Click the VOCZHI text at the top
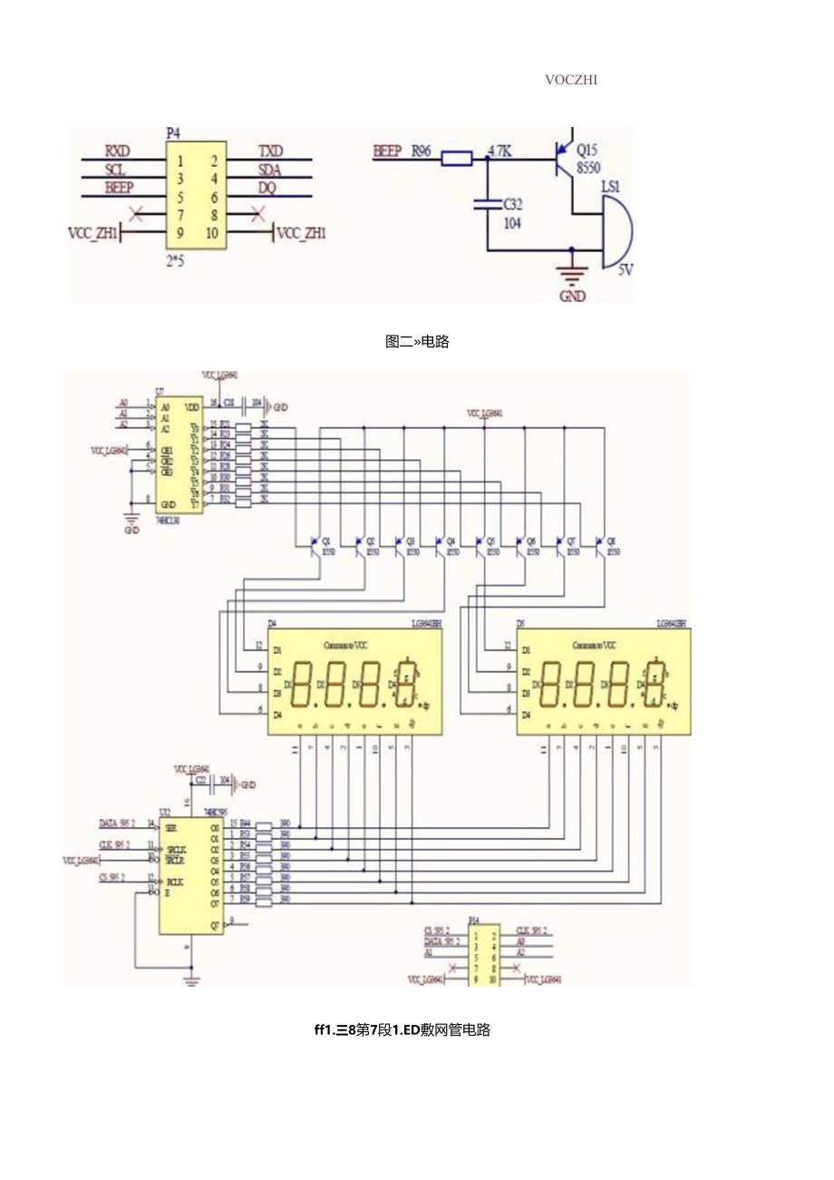(x=571, y=79)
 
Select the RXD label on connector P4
(x=118, y=150)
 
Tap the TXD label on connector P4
(x=270, y=150)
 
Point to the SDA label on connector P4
(x=271, y=169)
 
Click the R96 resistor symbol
(x=456, y=159)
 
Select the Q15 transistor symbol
(x=564, y=159)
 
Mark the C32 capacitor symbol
(x=487, y=205)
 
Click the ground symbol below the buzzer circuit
(x=572, y=279)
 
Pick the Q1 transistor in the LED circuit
(x=315, y=545)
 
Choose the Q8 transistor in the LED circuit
(x=600, y=545)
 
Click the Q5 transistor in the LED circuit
(x=480, y=545)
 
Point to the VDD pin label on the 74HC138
(x=192, y=407)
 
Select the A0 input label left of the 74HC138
(x=123, y=402)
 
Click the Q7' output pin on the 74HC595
(x=214, y=923)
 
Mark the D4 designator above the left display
(x=272, y=624)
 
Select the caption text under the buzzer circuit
(x=417, y=342)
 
